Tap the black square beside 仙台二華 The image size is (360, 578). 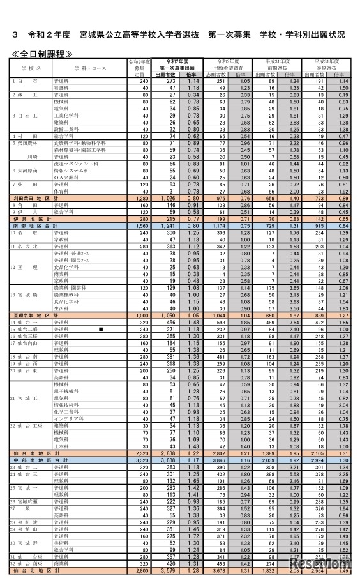point(101,330)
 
